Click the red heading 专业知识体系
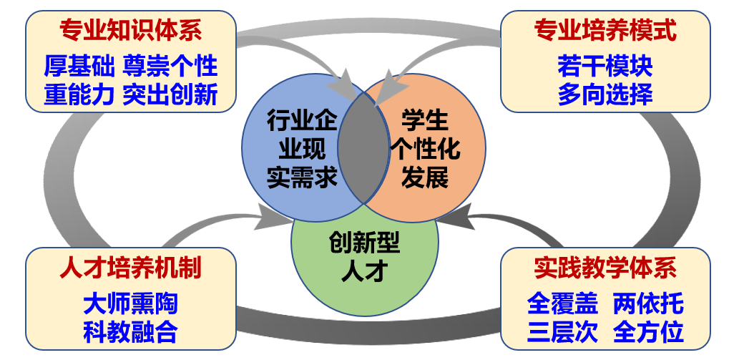point(130,30)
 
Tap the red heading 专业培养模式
point(605,30)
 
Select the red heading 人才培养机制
point(130,268)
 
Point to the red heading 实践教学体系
point(605,268)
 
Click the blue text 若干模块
point(605,67)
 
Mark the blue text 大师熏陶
point(130,303)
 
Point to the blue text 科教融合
point(130,331)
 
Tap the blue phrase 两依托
point(648,303)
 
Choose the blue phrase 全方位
point(648,331)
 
